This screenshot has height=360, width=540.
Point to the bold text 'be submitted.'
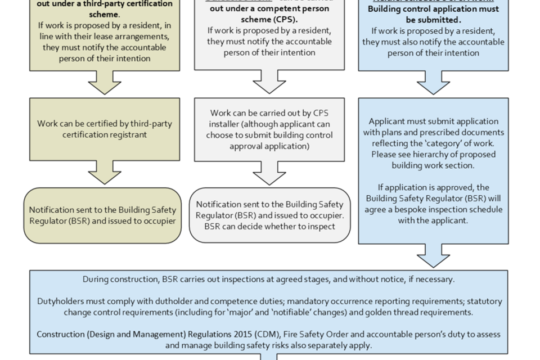433,20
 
